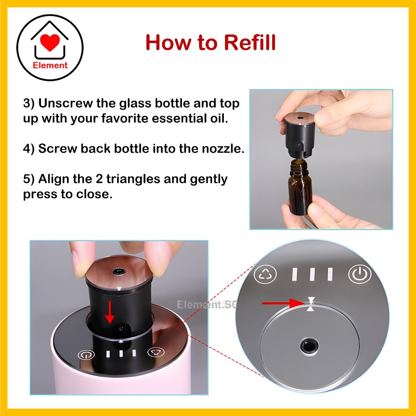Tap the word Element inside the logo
point(50,65)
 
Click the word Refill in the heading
point(250,42)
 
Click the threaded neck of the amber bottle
point(299,165)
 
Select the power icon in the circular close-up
point(360,274)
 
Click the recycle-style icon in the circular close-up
point(265,275)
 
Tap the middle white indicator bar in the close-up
point(312,274)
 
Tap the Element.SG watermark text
point(206,305)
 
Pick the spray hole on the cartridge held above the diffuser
point(119,271)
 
